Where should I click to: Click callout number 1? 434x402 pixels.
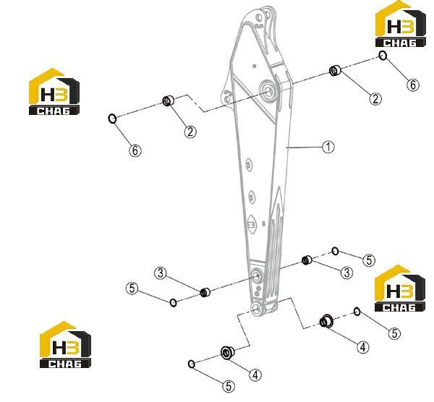point(328,147)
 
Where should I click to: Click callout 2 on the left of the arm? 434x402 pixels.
point(190,132)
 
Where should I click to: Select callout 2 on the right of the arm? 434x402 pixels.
point(375,99)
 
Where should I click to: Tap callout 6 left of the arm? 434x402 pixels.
point(135,151)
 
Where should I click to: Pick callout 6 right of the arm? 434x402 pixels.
point(413,85)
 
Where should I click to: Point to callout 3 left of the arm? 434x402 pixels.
point(161,273)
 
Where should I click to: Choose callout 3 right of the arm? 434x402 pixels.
point(346,273)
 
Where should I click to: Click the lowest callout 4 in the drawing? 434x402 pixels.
point(255,375)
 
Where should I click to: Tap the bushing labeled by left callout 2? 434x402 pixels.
point(168,100)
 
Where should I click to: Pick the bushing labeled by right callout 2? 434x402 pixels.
point(335,70)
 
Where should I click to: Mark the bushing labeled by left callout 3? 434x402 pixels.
point(205,292)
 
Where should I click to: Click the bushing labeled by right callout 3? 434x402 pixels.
point(307,260)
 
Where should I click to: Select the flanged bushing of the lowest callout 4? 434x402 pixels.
point(228,353)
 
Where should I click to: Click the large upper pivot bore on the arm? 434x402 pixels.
point(268,90)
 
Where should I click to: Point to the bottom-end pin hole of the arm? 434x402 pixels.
point(258,308)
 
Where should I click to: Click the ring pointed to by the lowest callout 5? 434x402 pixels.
point(191,364)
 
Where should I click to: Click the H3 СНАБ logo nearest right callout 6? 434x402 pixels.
point(400,24)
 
